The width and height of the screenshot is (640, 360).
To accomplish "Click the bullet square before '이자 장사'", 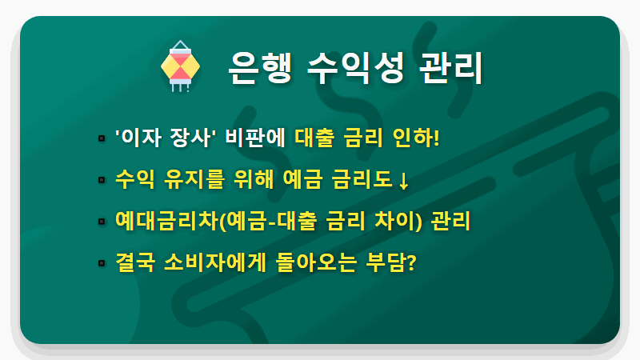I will click(x=102, y=138).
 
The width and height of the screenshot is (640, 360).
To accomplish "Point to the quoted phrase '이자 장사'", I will click(x=156, y=138).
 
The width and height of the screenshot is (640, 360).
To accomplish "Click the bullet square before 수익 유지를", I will click(x=102, y=179).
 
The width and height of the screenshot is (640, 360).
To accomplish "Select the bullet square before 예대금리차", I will click(x=102, y=221).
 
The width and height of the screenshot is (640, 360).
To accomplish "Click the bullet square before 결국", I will click(x=102, y=262).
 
